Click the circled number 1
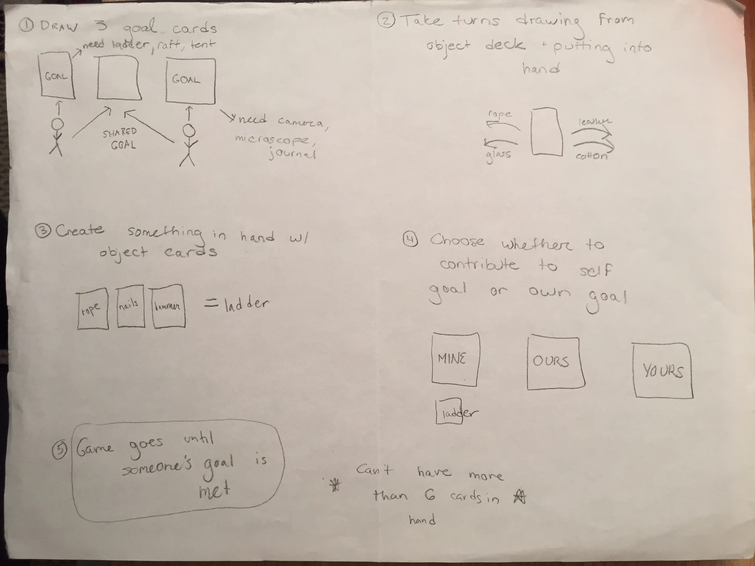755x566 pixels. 26,25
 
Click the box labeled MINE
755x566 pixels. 454,359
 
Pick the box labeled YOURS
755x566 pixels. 663,370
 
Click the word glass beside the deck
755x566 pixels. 498,155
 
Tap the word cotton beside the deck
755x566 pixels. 592,156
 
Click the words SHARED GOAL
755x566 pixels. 121,139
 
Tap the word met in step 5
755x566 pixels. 214,491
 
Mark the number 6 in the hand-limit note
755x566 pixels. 430,495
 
